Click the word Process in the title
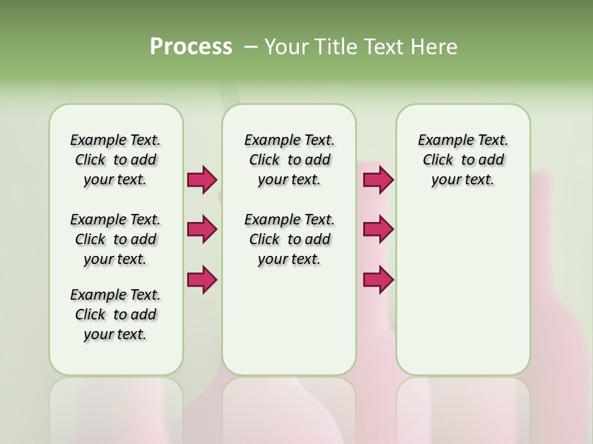pyautogui.click(x=191, y=47)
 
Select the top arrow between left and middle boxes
pyautogui.click(x=202, y=180)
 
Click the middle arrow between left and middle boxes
pyautogui.click(x=202, y=229)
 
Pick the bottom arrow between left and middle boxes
pyautogui.click(x=202, y=279)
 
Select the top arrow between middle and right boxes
pyautogui.click(x=378, y=180)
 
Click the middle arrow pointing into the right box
pyautogui.click(x=378, y=229)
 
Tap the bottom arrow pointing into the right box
pyautogui.click(x=378, y=279)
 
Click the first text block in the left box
pyautogui.click(x=116, y=160)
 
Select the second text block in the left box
pyautogui.click(x=116, y=239)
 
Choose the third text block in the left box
pyautogui.click(x=116, y=314)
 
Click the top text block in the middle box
pyautogui.click(x=289, y=160)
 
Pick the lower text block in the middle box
pyautogui.click(x=289, y=239)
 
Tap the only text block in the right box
pyautogui.click(x=463, y=160)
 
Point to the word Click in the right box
pyautogui.click(x=438, y=160)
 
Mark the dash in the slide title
pyautogui.click(x=251, y=47)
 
